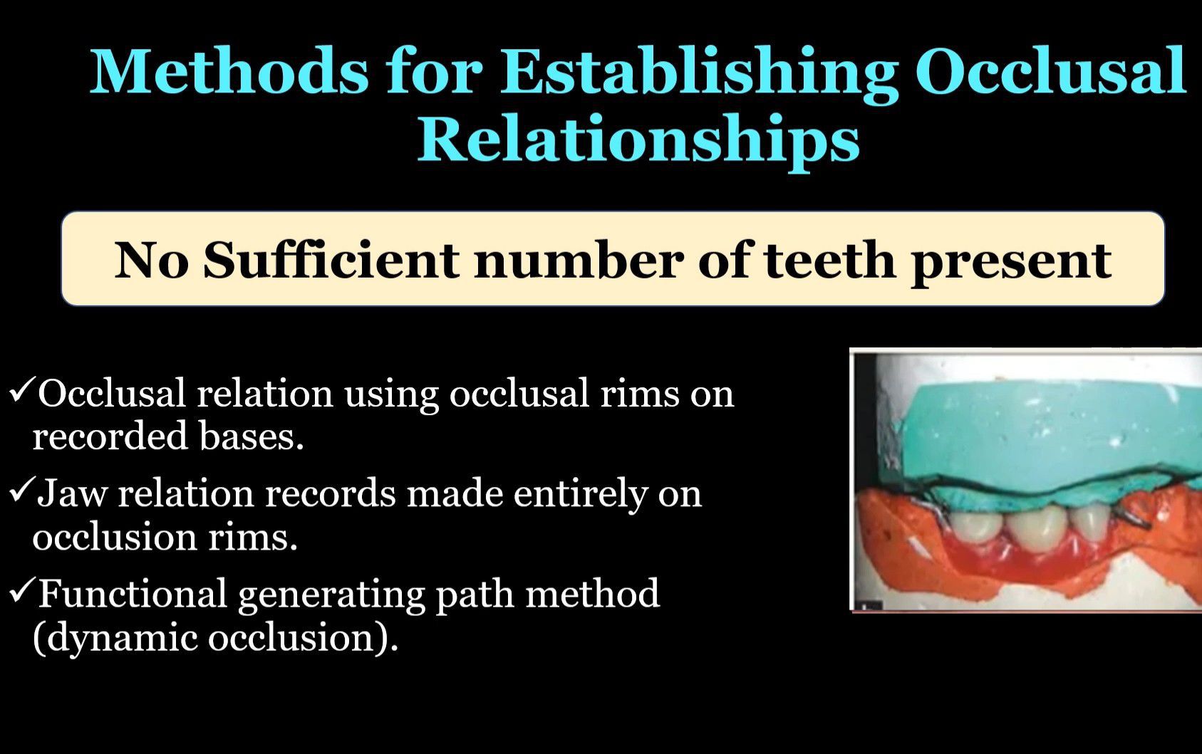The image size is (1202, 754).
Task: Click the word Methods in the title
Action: pos(229,71)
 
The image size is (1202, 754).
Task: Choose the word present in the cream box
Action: pos(1011,263)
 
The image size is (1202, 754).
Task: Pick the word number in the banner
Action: pos(579,260)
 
